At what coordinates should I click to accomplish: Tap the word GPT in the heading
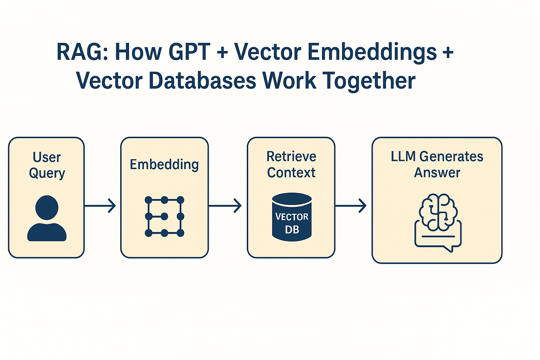[189, 51]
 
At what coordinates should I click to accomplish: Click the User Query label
[47, 165]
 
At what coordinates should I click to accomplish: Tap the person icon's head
[47, 207]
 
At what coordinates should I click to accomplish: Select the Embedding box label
[164, 165]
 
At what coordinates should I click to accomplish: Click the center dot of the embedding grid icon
[165, 216]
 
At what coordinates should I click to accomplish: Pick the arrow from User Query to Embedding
[100, 206]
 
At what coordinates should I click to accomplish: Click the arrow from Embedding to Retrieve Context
[225, 206]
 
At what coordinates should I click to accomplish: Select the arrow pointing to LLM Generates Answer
[351, 206]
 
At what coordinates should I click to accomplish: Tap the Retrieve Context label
[291, 165]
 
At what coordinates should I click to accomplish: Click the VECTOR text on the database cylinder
[292, 217]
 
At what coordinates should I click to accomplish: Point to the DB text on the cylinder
[292, 230]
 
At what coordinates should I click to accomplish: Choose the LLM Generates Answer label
[437, 165]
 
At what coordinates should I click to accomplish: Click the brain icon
[438, 212]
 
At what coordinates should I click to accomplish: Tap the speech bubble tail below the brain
[449, 249]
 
